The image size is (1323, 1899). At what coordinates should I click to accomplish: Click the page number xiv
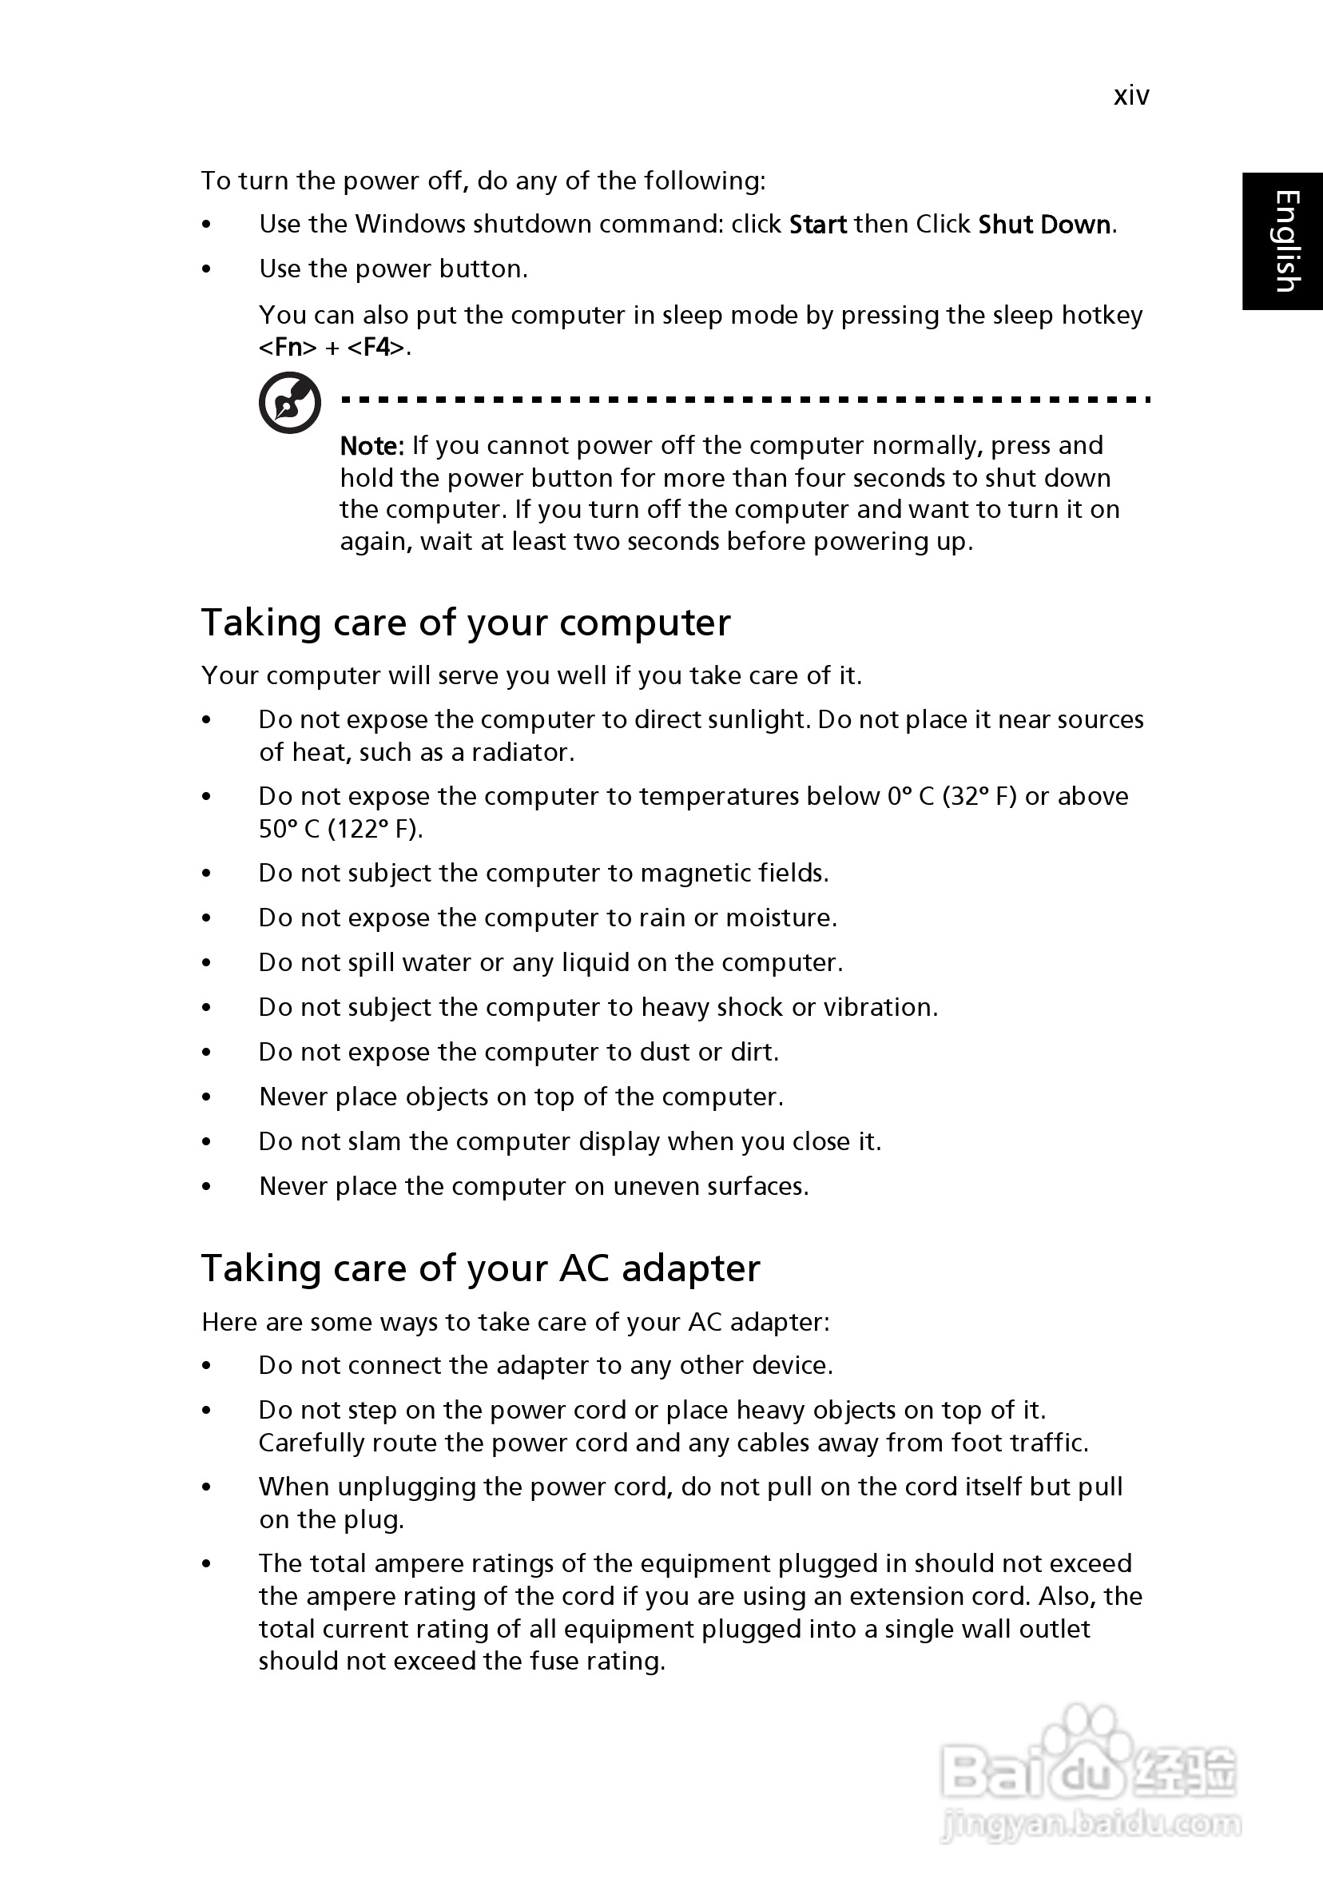tap(1131, 97)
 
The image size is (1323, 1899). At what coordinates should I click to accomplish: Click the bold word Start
tap(818, 225)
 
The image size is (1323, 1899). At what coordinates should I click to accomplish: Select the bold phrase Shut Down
tap(1044, 225)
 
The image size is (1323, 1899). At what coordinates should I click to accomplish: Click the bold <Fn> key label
tap(288, 348)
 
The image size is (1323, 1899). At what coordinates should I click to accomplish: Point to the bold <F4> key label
tap(376, 348)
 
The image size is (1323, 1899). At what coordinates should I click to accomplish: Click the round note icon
tap(289, 403)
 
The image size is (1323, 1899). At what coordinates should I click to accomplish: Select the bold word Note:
tap(372, 447)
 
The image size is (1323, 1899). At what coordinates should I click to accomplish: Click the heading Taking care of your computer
tap(466, 623)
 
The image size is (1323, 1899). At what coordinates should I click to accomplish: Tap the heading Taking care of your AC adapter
tap(480, 1268)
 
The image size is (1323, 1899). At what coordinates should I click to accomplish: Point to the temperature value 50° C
tap(288, 829)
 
